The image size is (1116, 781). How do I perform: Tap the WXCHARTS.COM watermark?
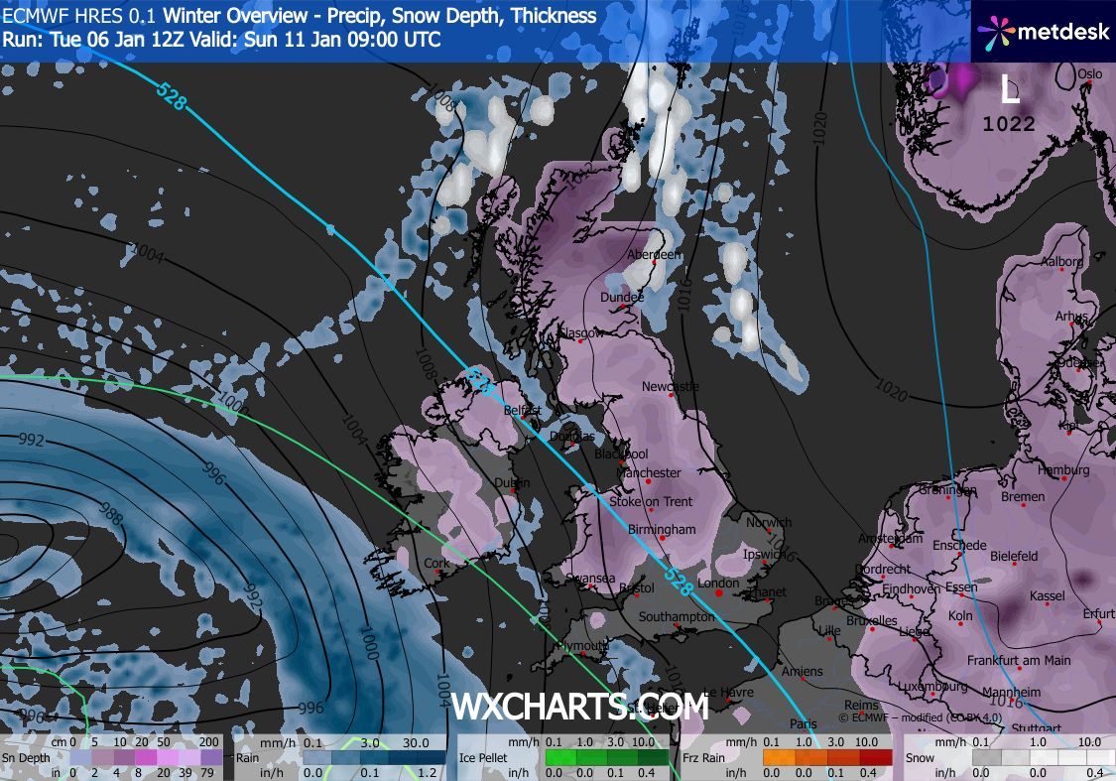click(580, 707)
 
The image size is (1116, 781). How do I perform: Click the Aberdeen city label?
click(655, 255)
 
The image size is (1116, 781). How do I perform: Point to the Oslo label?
click(1090, 73)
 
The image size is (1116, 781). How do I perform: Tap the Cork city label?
click(436, 563)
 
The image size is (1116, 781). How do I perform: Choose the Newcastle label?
click(671, 386)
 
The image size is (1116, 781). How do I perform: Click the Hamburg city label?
click(1064, 469)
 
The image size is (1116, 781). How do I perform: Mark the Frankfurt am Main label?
click(1019, 661)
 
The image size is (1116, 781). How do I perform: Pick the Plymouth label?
click(581, 645)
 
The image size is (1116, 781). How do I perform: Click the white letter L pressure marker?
click(1009, 92)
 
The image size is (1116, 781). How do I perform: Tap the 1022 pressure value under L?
click(1009, 124)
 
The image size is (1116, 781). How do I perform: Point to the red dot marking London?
click(719, 593)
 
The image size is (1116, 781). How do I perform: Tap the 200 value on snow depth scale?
click(209, 742)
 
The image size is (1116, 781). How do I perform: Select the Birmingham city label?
click(662, 529)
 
